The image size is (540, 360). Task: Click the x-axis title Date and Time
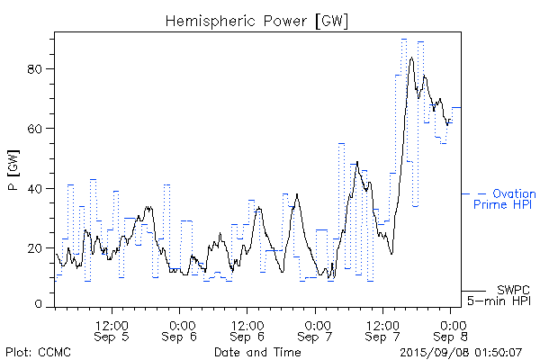(257, 351)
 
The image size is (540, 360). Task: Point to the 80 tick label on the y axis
(39, 68)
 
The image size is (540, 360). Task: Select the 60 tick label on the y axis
(39, 128)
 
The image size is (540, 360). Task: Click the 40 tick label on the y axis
(39, 188)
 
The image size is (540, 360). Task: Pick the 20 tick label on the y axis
(39, 247)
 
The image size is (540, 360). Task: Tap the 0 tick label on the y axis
(42, 306)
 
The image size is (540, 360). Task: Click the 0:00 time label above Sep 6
(181, 319)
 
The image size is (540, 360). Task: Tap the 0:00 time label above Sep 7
(316, 319)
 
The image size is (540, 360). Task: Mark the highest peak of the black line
(411, 58)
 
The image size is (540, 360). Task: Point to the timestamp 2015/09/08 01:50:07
(461, 351)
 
